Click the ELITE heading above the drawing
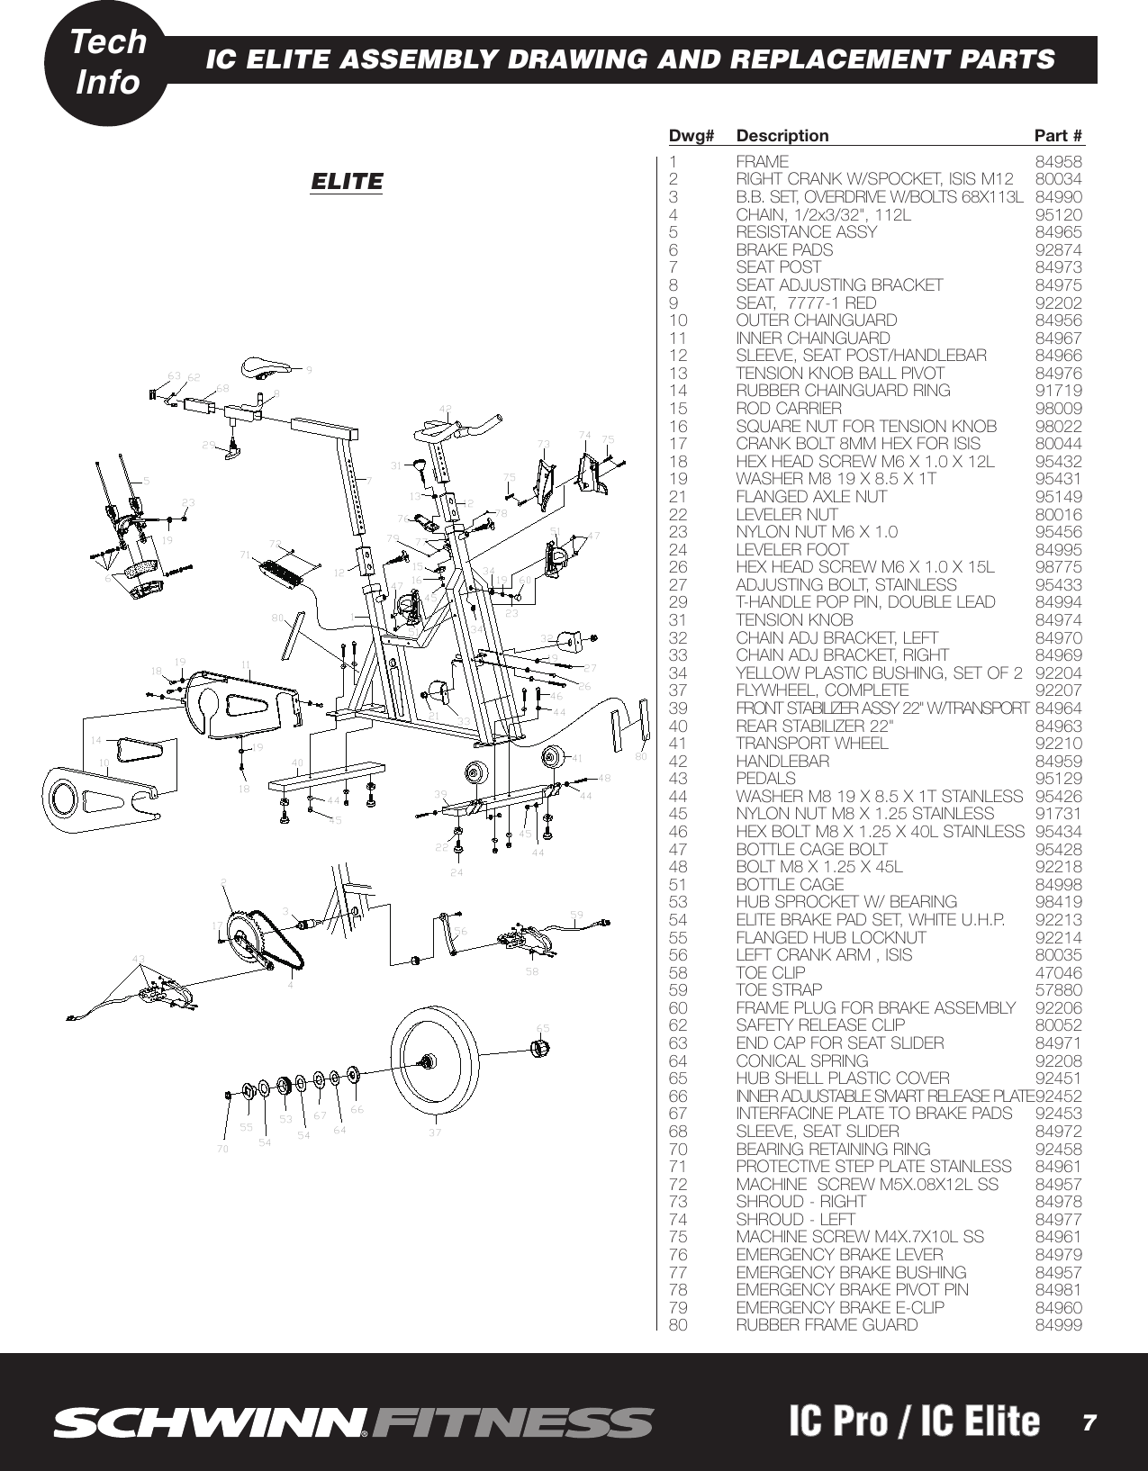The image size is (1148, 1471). [347, 181]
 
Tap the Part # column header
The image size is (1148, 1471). [1058, 136]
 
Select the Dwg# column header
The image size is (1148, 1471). [691, 136]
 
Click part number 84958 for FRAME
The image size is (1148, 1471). [1058, 162]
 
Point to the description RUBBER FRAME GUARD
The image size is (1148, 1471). [827, 1325]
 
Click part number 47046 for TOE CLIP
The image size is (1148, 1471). [1058, 972]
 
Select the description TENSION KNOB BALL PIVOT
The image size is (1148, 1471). [840, 373]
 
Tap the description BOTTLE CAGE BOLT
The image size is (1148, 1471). [811, 849]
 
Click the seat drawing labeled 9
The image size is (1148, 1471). [267, 366]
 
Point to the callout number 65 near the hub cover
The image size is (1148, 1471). [543, 1027]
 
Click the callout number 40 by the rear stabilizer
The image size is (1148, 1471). [297, 763]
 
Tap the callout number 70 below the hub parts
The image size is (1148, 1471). [222, 1149]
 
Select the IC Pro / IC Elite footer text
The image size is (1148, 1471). [913, 1421]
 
